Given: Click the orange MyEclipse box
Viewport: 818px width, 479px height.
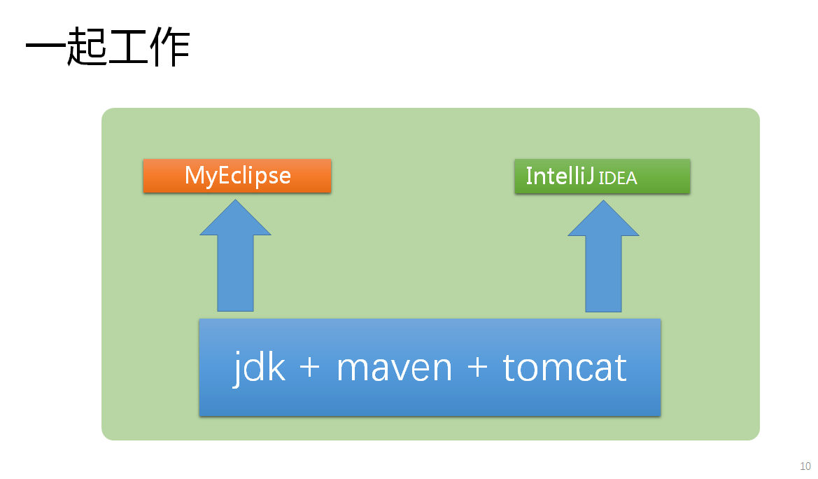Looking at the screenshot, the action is pos(237,176).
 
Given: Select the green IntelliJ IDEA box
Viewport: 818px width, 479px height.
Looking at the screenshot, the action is pos(602,176).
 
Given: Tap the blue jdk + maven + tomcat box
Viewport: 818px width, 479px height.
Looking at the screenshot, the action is pos(430,368).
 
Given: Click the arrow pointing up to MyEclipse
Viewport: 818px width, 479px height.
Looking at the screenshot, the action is pos(235,256).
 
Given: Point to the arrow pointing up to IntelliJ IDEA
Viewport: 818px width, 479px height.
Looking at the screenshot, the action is pos(603,256).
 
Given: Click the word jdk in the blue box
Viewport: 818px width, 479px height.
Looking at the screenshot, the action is pos(260,368).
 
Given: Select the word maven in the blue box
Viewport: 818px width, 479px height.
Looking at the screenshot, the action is pos(395,369).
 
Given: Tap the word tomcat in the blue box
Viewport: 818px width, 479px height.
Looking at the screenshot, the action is pos(565,368).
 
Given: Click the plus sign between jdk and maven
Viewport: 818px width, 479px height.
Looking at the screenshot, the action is pos(309,367).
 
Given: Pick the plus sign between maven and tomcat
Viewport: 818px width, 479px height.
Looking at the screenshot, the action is pos(477,367).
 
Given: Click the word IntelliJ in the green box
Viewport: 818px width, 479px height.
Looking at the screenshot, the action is pos(560,176).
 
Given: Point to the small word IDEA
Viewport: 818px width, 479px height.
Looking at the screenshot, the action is pos(618,179).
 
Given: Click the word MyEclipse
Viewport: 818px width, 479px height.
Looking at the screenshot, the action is pos(238,176).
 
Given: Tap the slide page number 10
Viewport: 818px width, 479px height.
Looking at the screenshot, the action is pos(805,466).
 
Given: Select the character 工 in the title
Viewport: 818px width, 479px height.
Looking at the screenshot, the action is pos(128,47).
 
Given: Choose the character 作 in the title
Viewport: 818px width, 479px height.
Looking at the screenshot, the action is pos(169,46).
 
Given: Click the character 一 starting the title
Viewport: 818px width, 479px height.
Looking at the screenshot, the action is pos(46,48).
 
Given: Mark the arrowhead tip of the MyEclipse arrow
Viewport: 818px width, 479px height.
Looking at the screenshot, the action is pos(235,200).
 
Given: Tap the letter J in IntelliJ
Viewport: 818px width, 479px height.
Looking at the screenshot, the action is pos(590,176).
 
